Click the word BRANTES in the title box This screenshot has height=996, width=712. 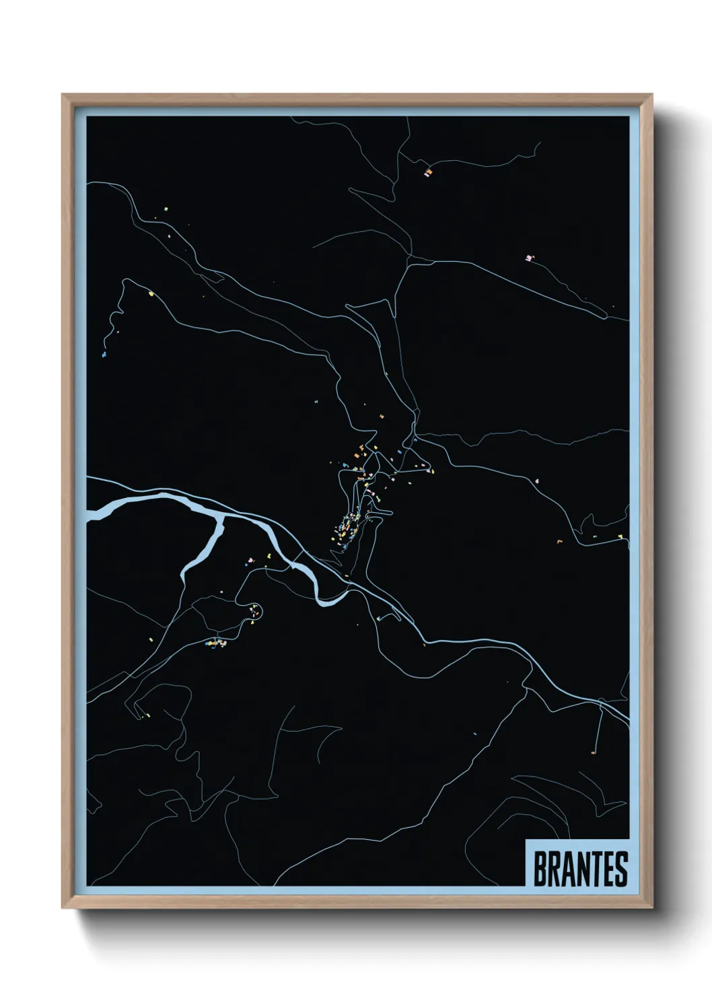[x=580, y=869]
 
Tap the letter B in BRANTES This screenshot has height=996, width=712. [x=540, y=869]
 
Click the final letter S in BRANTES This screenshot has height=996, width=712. [x=620, y=869]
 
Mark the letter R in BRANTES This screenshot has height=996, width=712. [x=553, y=869]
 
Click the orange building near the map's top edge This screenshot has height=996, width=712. [x=427, y=173]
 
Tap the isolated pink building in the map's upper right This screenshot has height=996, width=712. [x=530, y=257]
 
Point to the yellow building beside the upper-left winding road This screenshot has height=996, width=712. [x=151, y=293]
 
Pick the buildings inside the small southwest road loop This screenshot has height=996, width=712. [x=255, y=612]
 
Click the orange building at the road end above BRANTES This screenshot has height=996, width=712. [x=592, y=752]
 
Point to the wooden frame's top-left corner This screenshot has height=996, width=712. [x=63, y=96]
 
